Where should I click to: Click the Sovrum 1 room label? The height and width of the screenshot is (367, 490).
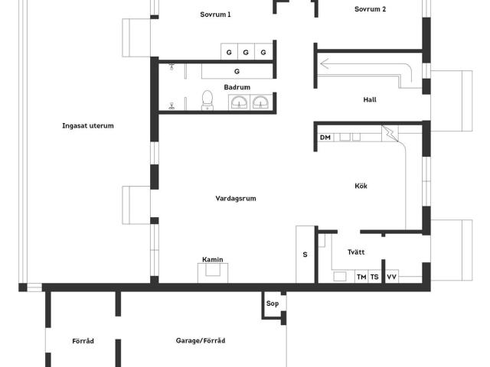tap(215, 15)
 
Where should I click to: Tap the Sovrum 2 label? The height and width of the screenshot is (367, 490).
tap(370, 9)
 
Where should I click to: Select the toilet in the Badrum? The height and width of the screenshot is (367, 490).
tap(207, 100)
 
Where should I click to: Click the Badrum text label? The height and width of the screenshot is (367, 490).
tap(237, 87)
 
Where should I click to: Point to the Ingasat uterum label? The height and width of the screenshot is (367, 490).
tap(88, 125)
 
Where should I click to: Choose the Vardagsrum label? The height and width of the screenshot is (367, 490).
tap(236, 199)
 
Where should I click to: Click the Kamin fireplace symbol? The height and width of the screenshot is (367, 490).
tap(213, 273)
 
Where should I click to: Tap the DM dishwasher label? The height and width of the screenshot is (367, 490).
tap(325, 138)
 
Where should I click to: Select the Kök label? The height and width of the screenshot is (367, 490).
tap(361, 186)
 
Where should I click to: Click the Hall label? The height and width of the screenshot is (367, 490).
tap(370, 99)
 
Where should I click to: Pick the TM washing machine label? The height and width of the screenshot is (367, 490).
tap(361, 277)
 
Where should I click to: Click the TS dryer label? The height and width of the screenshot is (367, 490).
tap(374, 277)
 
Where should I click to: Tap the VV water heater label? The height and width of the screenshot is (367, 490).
tap(391, 277)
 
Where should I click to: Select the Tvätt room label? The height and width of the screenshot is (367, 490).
tap(356, 252)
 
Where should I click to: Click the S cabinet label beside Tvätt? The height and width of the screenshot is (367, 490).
tap(305, 255)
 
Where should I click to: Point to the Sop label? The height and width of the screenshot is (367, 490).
tap(273, 304)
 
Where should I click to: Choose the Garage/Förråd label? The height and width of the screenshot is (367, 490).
tap(201, 340)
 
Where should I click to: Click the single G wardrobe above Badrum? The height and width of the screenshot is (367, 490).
tap(237, 71)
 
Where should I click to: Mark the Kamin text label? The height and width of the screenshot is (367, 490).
tap(213, 259)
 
